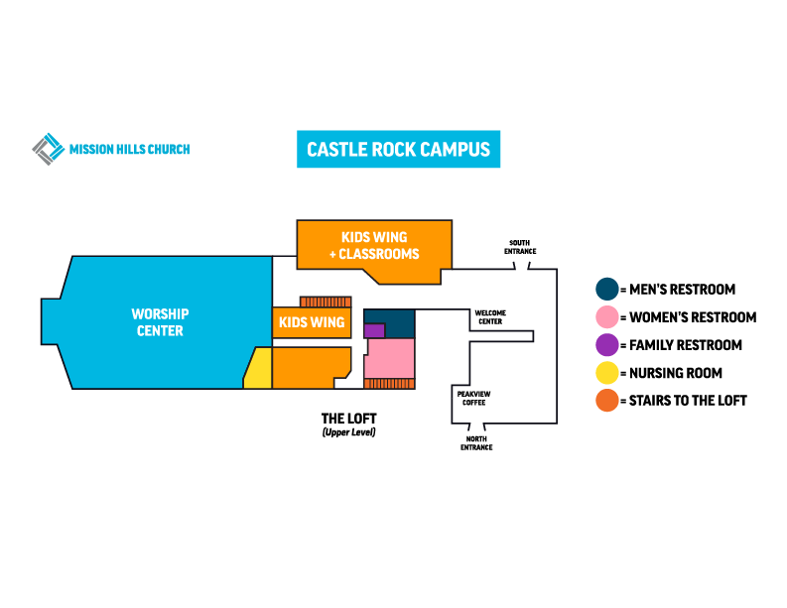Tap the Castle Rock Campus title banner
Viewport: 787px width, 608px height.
point(398,150)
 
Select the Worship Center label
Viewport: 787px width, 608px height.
point(160,322)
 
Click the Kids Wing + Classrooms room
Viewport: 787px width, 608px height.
point(374,245)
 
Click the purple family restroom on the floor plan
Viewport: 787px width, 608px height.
point(374,330)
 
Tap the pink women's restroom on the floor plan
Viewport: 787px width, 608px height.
point(389,359)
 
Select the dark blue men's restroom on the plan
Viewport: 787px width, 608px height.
point(397,318)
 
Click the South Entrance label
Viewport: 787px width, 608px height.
point(520,247)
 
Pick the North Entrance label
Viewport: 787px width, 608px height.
point(476,443)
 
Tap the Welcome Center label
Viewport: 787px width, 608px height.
point(490,316)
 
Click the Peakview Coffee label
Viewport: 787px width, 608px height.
point(470,398)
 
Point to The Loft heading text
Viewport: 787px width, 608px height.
point(348,419)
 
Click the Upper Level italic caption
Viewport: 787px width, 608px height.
point(348,433)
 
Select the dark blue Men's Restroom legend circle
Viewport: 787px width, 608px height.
point(605,290)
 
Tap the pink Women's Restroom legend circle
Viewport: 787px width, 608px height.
point(605,317)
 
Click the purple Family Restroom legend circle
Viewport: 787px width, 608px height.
point(605,345)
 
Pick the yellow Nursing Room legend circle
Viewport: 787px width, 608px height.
point(605,373)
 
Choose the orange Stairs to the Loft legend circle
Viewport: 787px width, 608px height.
point(605,401)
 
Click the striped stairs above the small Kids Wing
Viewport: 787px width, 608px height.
point(326,302)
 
